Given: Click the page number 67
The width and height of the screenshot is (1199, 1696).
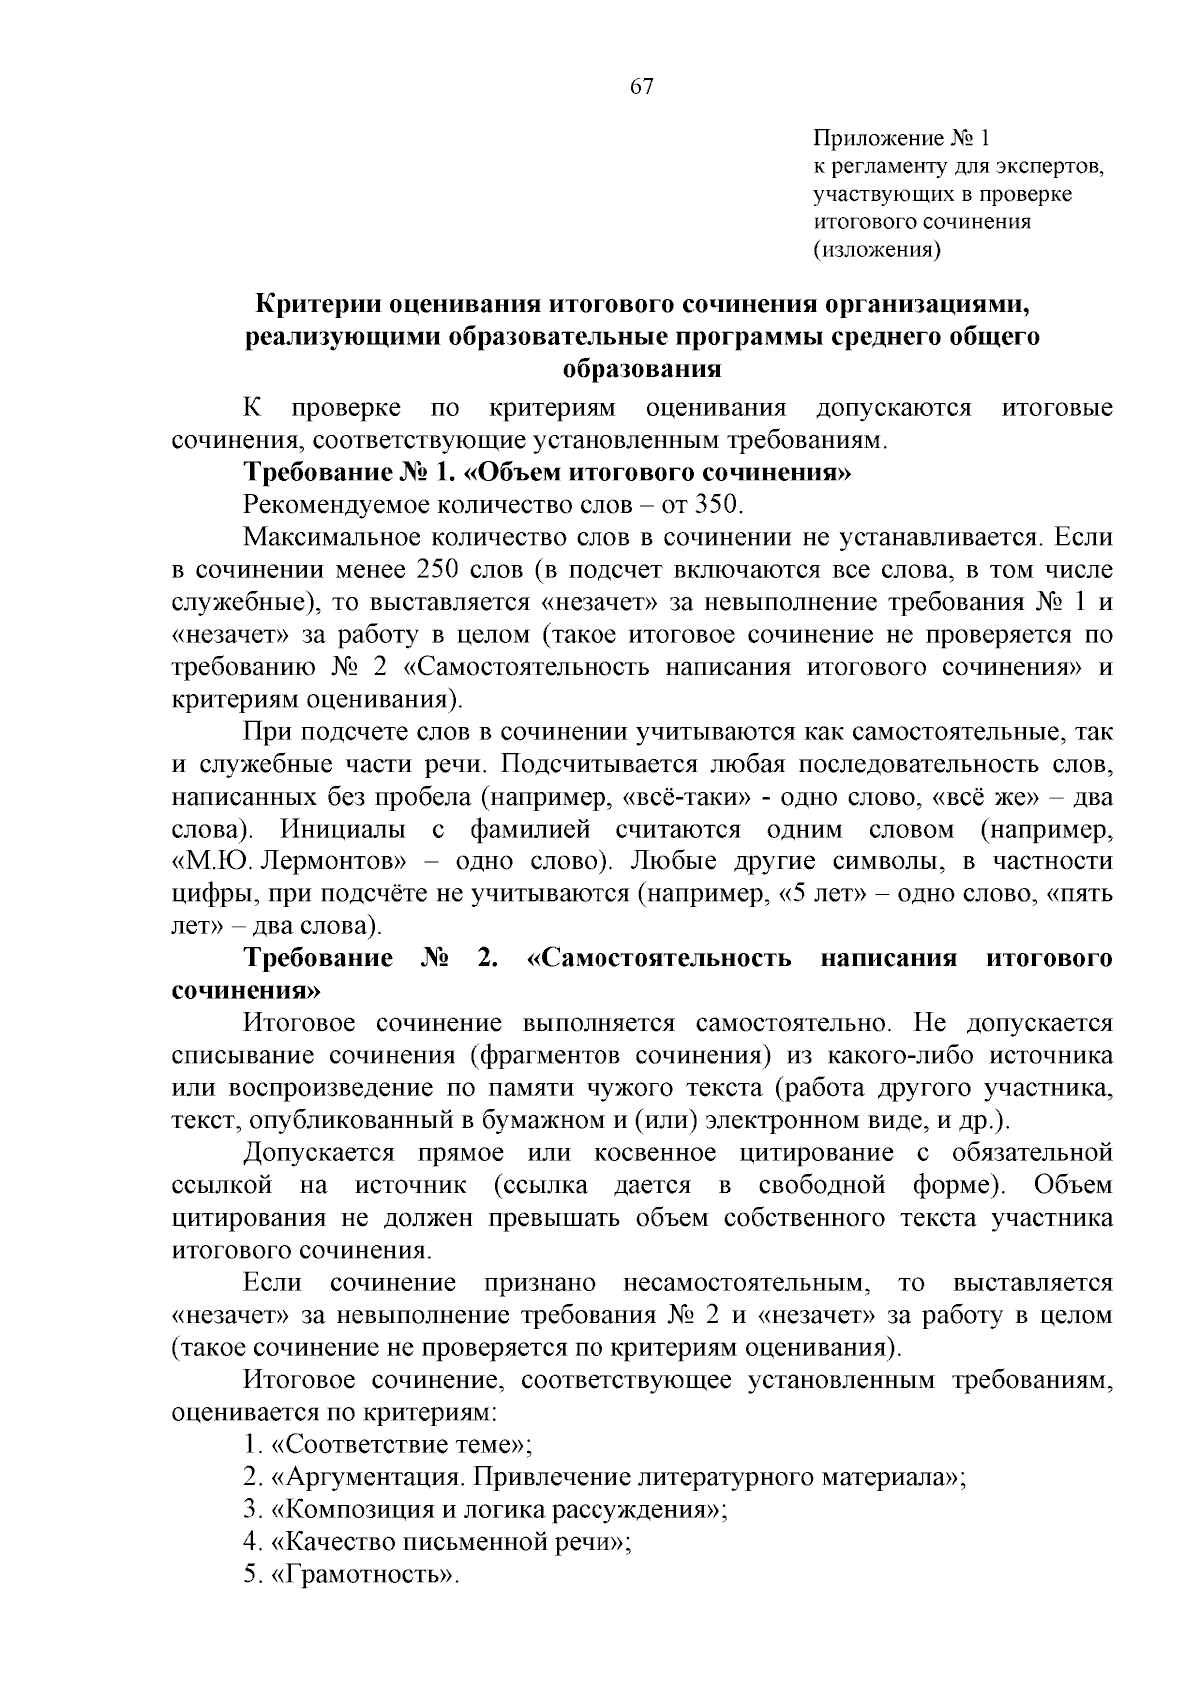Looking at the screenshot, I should tap(642, 87).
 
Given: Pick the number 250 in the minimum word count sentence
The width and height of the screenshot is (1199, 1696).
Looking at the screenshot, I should tap(433, 570).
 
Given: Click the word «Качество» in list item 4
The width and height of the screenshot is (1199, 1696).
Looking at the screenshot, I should tap(331, 1542).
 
